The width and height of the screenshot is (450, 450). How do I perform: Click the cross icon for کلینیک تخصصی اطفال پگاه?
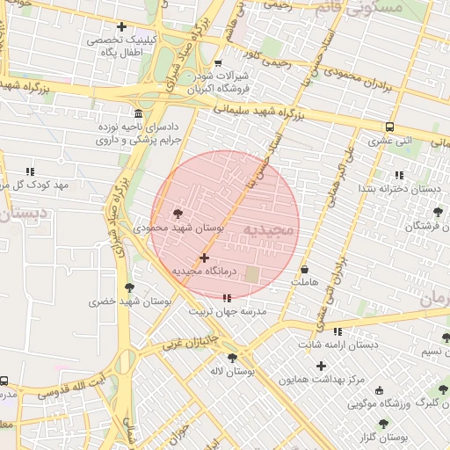121,26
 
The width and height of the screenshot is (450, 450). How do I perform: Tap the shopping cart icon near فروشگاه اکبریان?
218,63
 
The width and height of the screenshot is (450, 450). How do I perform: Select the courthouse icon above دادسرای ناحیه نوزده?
138,113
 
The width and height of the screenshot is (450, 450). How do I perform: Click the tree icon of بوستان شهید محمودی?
178,214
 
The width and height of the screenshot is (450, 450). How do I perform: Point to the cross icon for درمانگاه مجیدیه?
205,258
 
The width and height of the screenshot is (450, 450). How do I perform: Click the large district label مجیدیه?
270,230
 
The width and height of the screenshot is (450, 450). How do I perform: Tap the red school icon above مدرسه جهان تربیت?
228,299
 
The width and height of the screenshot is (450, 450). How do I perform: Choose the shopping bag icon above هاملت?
305,269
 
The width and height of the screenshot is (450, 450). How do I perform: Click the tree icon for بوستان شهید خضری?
130,287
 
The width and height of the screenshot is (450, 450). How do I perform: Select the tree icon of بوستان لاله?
232,358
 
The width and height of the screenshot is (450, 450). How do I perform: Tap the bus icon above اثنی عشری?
389,127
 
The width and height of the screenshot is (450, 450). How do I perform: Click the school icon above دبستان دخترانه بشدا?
400,174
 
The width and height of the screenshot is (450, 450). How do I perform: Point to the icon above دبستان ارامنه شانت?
337,331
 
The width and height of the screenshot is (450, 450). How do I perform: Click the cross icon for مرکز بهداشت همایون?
321,366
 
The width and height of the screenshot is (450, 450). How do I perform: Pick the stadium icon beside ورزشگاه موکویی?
379,389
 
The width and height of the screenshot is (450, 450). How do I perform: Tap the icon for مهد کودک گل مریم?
31,172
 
